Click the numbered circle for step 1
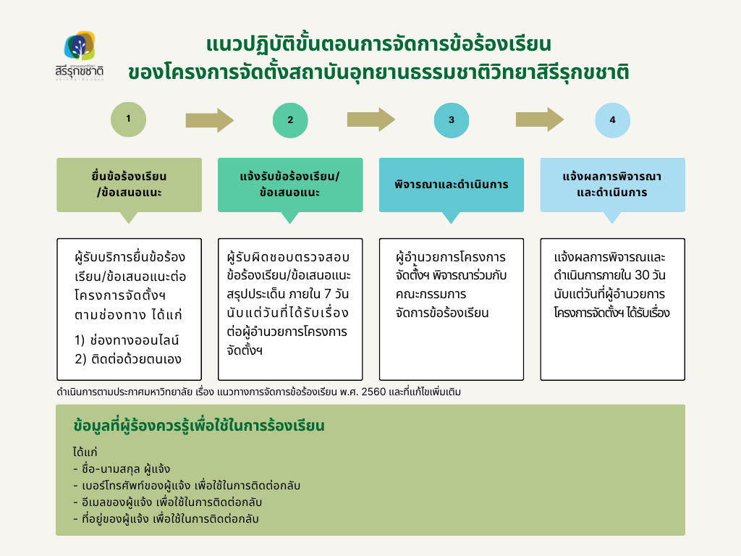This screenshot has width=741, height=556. coord(128,119)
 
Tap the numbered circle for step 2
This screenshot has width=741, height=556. coord(290,120)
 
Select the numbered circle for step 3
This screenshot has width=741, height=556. coord(452,120)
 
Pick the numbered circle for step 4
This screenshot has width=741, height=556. coord(613,120)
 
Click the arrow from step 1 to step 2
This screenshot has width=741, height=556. coord(209,119)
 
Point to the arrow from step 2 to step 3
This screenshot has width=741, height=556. coord(370,119)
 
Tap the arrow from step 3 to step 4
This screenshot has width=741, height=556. coord(539,119)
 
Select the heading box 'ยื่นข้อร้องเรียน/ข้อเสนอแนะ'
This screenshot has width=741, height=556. coord(129,185)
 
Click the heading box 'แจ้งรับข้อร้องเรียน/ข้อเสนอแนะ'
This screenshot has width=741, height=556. coord(289,185)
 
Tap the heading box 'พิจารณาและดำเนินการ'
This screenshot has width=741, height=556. coord(452,185)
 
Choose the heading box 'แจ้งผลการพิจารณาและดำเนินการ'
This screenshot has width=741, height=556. coord(612,185)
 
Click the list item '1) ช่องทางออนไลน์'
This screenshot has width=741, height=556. coord(127,340)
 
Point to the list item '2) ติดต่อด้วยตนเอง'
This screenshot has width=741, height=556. coord(128,359)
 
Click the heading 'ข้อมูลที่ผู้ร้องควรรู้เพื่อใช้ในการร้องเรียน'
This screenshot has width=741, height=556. coord(199,426)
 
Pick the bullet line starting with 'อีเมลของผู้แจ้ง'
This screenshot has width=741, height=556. coord(167,502)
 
